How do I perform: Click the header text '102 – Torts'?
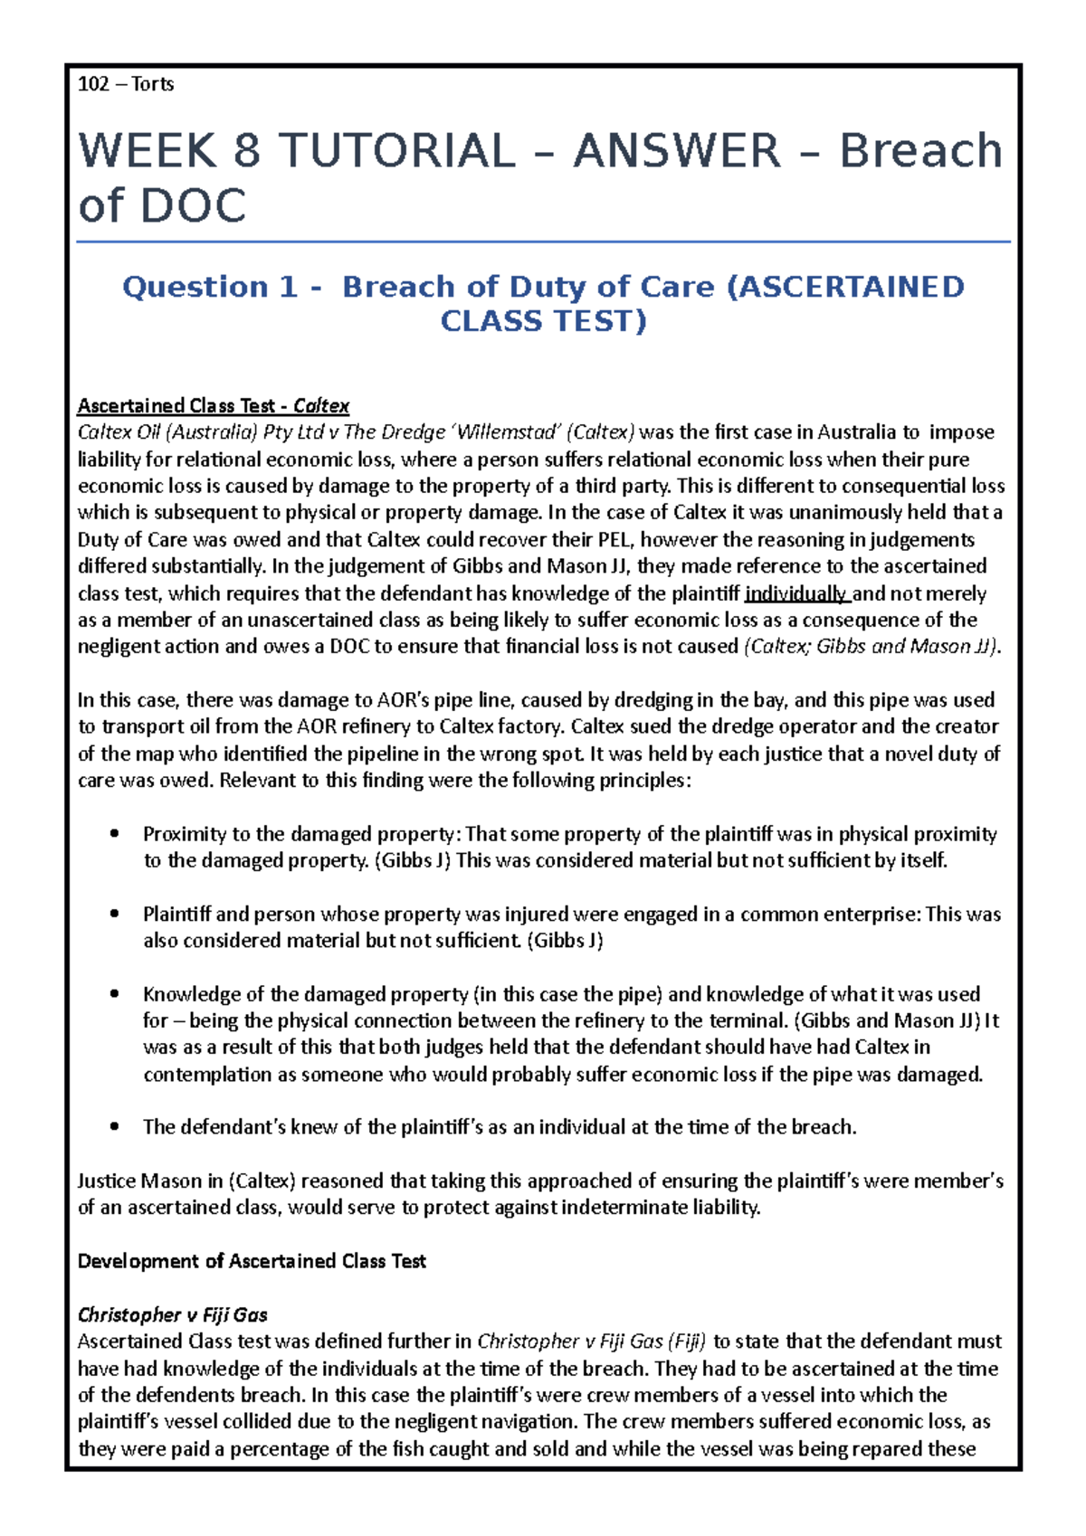126,84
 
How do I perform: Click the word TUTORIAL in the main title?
396,150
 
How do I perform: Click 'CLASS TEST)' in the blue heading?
543,321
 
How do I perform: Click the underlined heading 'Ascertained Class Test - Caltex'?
214,405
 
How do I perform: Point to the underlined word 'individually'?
795,593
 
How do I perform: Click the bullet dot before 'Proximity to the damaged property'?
114,834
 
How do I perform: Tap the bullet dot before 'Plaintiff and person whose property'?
114,915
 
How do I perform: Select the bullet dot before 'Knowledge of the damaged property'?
114,994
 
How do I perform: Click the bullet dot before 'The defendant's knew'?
114,1127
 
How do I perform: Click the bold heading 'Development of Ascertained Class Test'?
252,1261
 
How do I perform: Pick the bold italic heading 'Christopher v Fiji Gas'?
172,1314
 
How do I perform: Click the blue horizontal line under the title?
543,242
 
